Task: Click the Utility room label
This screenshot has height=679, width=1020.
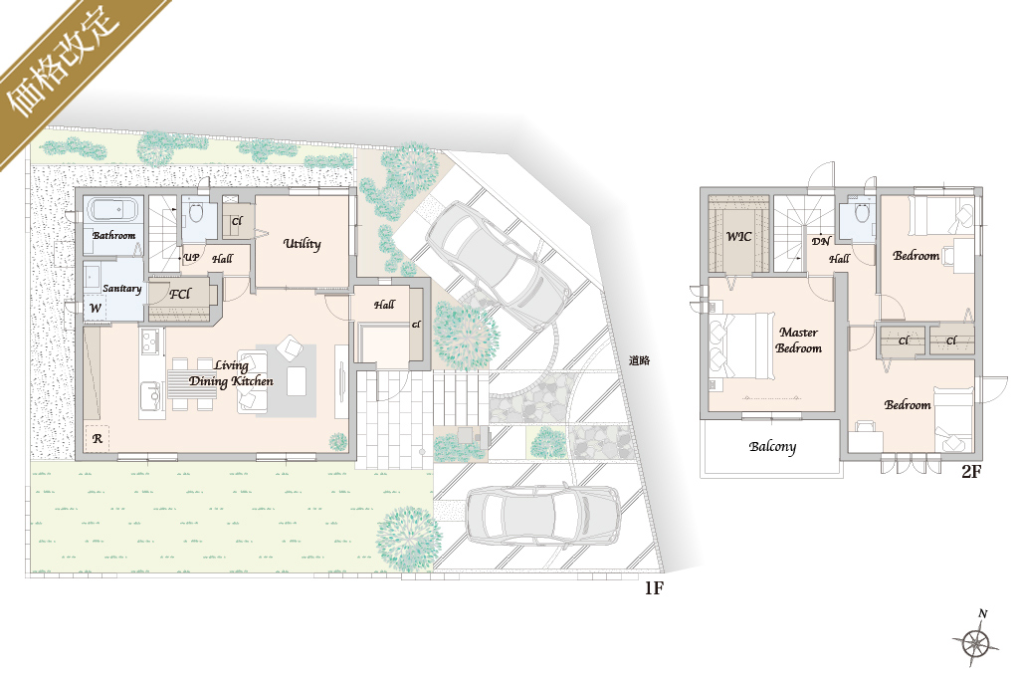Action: point(302,244)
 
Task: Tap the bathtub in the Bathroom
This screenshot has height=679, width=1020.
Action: point(113,210)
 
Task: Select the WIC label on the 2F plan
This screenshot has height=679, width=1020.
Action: point(739,236)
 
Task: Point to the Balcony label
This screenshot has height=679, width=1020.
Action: point(772,447)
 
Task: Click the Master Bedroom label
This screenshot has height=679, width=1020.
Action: point(798,340)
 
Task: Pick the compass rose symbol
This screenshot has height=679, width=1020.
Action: point(977,640)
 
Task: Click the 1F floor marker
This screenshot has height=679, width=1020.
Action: point(654,588)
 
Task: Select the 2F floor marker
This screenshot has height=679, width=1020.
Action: point(971,471)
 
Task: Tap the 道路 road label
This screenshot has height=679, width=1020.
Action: point(639,360)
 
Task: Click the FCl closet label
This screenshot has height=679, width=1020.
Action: point(179,295)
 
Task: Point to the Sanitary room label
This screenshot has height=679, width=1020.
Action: point(121,289)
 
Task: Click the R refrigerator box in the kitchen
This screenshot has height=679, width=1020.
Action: point(97,439)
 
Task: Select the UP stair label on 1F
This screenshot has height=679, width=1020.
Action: point(191,258)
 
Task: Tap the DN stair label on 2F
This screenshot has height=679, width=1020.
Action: point(821,242)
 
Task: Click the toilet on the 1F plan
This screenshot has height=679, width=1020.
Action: point(195,212)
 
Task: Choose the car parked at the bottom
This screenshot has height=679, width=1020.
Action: point(543,515)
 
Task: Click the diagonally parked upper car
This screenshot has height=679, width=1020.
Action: point(498,266)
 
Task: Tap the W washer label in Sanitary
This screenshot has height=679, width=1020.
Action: point(96,308)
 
